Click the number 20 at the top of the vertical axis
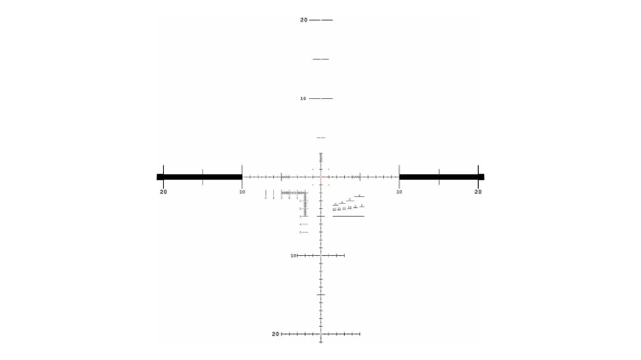point(303,20)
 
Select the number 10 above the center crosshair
point(303,98)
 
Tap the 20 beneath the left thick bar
point(163,191)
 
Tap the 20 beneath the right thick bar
point(478,191)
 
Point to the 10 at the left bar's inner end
point(242,191)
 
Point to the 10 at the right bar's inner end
point(399,191)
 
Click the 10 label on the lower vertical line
point(293,255)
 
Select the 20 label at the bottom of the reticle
point(276,334)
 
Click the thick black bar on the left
point(199,177)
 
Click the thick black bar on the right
point(441,177)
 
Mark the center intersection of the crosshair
point(321,177)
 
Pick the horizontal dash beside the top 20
point(322,20)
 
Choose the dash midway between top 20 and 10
point(321,59)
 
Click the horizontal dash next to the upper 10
point(321,98)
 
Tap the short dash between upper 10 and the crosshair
point(321,137)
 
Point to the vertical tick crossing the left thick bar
point(202,177)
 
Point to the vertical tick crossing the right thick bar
point(439,177)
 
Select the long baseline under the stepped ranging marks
point(348,216)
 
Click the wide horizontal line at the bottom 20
point(321,334)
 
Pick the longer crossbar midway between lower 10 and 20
point(321,294)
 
